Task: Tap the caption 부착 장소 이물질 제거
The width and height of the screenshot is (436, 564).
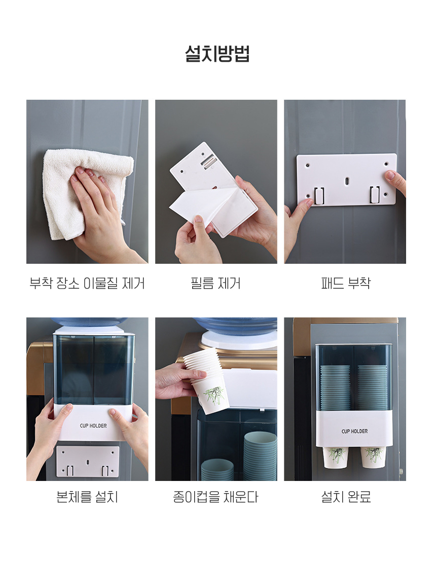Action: [87, 284]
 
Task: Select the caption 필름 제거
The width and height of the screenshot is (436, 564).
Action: [216, 284]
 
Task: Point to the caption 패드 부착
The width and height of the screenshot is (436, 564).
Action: [346, 283]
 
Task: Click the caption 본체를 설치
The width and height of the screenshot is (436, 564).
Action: [87, 497]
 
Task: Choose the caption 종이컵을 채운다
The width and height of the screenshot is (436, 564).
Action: [216, 497]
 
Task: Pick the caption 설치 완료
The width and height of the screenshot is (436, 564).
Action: [346, 497]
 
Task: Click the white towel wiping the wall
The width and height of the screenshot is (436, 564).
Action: [87, 191]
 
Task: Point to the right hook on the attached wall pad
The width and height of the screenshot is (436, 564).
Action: [374, 194]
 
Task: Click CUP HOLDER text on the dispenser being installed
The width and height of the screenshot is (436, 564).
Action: [93, 425]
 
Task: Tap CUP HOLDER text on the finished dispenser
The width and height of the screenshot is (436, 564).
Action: [354, 431]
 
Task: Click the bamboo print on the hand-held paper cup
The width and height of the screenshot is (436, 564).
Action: [215, 395]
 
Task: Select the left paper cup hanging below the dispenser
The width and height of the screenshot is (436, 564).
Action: [335, 457]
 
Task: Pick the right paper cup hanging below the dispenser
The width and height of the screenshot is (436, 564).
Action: [373, 457]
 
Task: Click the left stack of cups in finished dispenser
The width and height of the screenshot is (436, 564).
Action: [335, 388]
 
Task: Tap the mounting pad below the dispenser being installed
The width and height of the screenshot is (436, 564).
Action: [88, 462]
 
